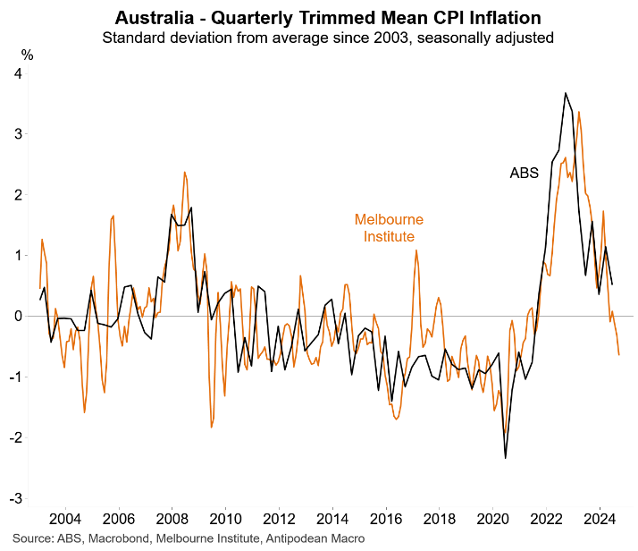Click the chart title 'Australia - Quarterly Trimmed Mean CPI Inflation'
(329, 17)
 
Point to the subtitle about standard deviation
(329, 38)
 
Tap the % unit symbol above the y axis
(28, 55)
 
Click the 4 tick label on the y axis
(18, 73)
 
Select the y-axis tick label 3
(18, 134)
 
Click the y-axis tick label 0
(18, 316)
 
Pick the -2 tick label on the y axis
(15, 437)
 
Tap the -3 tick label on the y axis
(15, 498)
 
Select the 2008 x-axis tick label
(171, 518)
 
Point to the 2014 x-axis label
(332, 518)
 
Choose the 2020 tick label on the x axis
(493, 518)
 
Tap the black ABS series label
(525, 173)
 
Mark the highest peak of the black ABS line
(566, 93)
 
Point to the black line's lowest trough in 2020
(506, 458)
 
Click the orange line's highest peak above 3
(579, 112)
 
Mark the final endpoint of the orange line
(619, 355)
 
